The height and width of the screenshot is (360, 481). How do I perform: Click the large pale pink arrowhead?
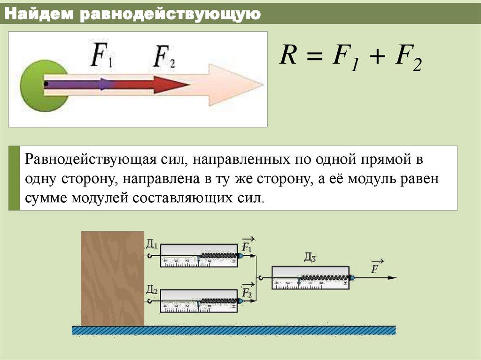point(235,85)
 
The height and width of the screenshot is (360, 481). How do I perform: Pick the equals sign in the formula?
point(316,59)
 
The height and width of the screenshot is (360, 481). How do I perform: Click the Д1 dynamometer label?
point(152,245)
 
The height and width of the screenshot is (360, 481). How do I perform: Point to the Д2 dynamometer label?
point(152,288)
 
